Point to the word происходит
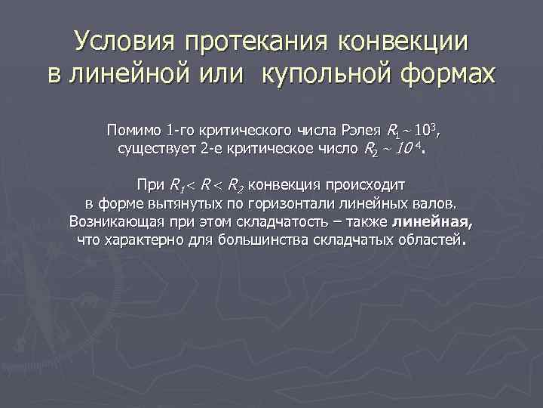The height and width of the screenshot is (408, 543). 365,184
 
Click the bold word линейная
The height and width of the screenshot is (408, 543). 432,222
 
